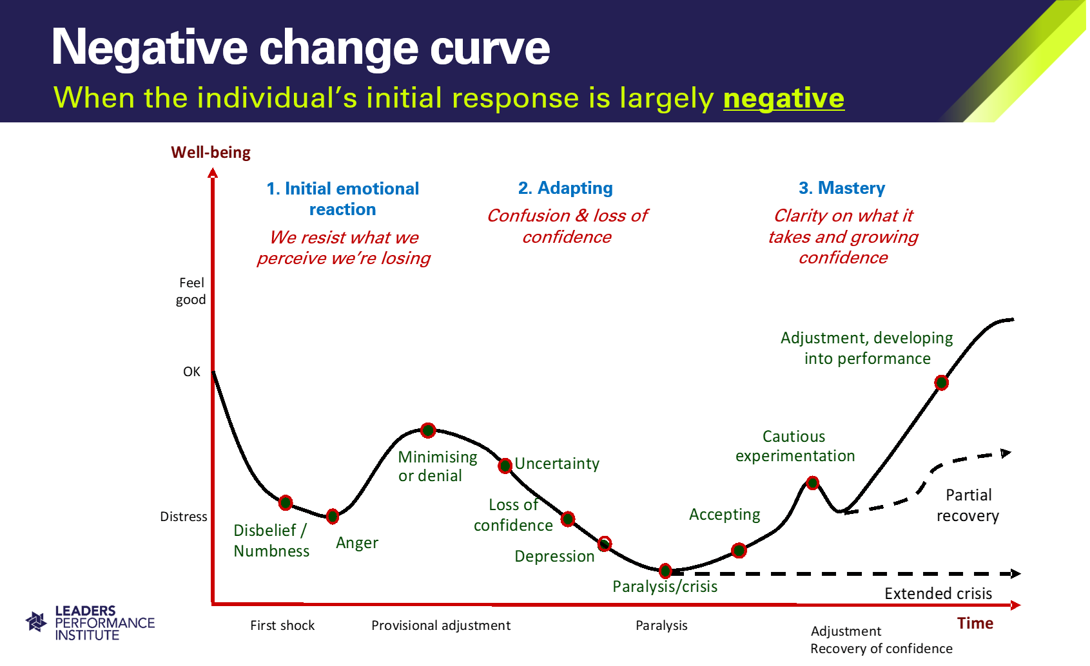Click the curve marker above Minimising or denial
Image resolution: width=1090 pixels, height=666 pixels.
click(428, 430)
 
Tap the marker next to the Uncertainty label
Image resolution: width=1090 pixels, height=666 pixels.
click(505, 466)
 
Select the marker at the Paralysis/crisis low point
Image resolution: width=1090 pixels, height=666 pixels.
click(665, 571)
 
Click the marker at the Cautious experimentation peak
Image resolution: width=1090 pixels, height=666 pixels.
click(812, 482)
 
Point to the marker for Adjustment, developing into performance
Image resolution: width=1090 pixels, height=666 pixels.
click(941, 383)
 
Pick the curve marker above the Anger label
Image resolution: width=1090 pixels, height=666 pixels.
click(333, 517)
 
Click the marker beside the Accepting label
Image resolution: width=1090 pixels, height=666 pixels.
click(739, 550)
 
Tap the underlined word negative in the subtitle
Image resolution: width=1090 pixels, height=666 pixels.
click(783, 98)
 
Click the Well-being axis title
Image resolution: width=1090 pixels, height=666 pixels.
click(211, 153)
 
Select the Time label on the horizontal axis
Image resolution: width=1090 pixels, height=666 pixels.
click(975, 623)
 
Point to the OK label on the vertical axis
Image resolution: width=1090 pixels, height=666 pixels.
click(191, 372)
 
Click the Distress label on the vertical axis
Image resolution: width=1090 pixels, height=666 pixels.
click(184, 517)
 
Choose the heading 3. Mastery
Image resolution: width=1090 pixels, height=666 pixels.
click(842, 188)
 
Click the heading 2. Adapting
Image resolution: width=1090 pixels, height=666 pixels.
click(565, 188)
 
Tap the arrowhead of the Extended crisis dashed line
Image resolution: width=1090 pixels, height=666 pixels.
click(1015, 574)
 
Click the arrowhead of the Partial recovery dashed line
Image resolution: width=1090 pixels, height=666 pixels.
click(1006, 453)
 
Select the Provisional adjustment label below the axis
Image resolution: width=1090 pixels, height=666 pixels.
click(441, 625)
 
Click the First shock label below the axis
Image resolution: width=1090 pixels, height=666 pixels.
click(282, 625)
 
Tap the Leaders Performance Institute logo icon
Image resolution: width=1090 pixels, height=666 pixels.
click(36, 622)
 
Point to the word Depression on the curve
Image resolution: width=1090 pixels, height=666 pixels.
click(554, 556)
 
